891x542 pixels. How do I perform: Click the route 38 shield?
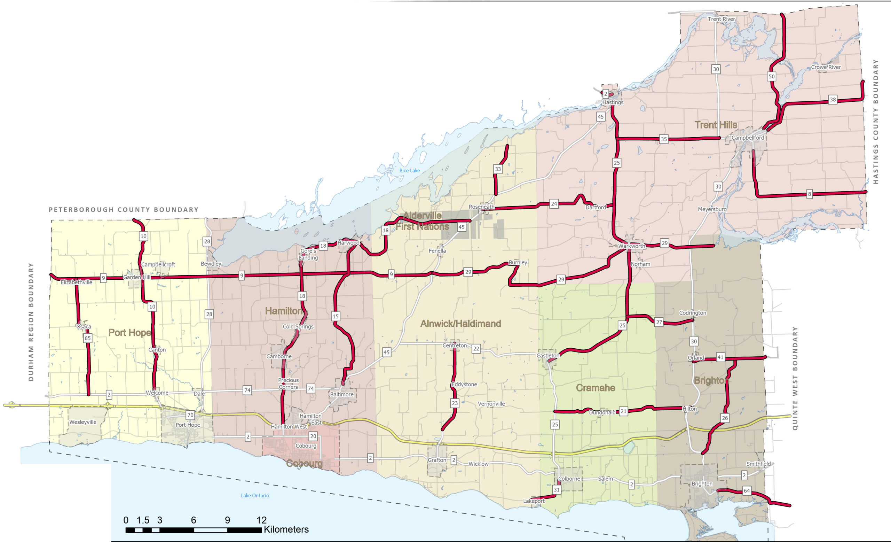[833, 100]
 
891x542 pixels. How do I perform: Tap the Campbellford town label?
[748, 138]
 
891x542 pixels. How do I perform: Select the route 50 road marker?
[771, 76]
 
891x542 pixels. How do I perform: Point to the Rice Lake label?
[409, 170]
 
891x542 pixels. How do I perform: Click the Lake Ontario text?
[254, 495]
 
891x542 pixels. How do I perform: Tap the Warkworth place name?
[631, 246]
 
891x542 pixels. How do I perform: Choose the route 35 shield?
[663, 139]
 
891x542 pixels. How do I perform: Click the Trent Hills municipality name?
[716, 125]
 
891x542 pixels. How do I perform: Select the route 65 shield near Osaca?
[87, 338]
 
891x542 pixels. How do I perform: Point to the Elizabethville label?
[76, 282]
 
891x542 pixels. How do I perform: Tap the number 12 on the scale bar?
[261, 520]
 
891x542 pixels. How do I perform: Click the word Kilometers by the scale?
[286, 529]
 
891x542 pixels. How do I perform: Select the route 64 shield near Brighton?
[747, 491]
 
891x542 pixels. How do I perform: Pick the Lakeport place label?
[534, 501]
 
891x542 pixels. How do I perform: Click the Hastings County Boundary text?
[875, 122]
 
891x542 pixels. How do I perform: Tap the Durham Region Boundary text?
[31, 322]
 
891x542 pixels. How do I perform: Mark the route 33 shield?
[498, 169]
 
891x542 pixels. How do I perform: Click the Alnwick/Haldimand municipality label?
[460, 324]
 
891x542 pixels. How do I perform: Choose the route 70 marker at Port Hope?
[190, 415]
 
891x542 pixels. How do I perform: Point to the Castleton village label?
[547, 356]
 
